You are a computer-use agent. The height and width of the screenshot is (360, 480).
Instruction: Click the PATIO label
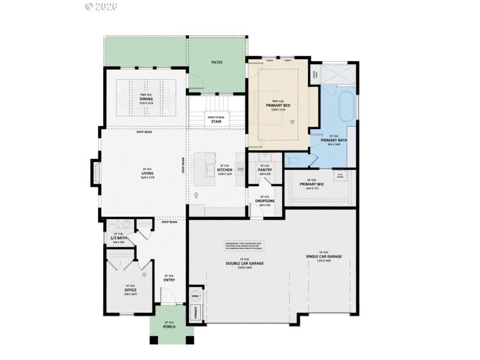click(x=217, y=62)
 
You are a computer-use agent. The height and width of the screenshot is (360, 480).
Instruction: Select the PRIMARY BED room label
click(x=278, y=105)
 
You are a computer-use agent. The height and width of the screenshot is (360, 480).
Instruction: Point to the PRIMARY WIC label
click(x=311, y=184)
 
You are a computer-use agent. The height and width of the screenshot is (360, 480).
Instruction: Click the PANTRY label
click(x=265, y=170)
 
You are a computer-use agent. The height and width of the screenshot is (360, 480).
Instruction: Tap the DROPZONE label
click(x=265, y=201)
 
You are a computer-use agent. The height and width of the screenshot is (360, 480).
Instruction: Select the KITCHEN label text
click(x=224, y=170)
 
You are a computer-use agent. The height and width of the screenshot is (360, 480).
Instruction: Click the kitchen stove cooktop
click(x=241, y=170)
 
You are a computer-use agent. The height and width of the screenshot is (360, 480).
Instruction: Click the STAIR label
click(x=217, y=121)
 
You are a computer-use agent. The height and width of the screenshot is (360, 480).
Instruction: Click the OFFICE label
click(x=130, y=290)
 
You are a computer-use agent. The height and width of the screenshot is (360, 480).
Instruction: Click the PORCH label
click(x=169, y=327)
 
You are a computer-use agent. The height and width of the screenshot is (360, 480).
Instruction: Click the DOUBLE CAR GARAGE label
click(x=245, y=263)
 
